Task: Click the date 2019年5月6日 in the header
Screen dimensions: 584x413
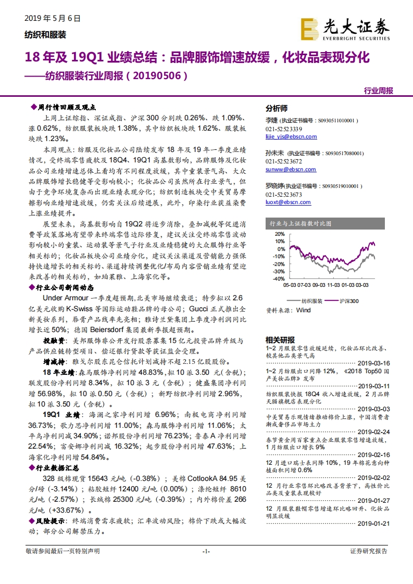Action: (x=53, y=18)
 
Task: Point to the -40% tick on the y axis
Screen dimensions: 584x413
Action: (x=278, y=278)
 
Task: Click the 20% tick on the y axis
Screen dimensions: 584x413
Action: (x=279, y=234)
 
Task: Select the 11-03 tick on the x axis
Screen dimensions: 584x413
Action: (x=333, y=285)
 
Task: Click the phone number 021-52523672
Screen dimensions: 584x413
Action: (x=284, y=162)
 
